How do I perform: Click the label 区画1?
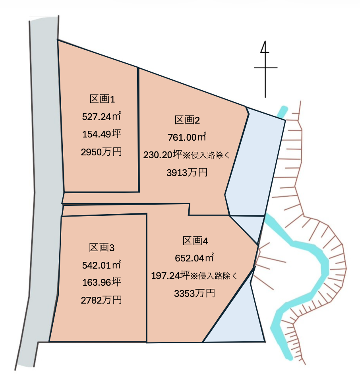click(101, 99)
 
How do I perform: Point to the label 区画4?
click(195, 241)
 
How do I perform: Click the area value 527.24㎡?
click(101, 117)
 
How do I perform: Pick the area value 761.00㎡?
click(187, 137)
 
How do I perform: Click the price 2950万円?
click(101, 152)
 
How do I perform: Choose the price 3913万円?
click(187, 172)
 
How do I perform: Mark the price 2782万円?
click(101, 300)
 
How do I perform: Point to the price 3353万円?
click(195, 294)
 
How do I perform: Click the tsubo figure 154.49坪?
click(101, 134)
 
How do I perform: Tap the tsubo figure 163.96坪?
click(101, 282)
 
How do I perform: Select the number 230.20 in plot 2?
click(158, 155)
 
